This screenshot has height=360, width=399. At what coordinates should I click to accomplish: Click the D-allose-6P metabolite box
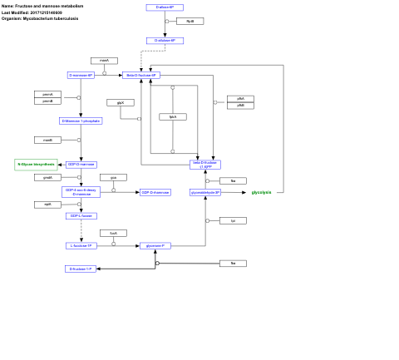coord(165,7)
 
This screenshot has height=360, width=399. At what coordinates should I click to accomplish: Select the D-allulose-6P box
coord(165,40)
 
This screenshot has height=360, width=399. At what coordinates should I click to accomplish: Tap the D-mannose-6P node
coord(81,75)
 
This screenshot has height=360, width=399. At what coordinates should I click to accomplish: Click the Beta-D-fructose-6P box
coord(141,75)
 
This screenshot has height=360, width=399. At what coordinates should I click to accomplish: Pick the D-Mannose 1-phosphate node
coord(81,121)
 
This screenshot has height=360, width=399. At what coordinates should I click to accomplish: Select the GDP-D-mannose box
coord(81,165)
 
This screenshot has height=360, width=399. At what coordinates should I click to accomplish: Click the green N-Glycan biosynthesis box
coord(36,165)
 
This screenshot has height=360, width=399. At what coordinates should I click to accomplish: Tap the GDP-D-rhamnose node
coord(155,192)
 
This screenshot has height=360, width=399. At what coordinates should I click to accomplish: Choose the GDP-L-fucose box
coord(81,215)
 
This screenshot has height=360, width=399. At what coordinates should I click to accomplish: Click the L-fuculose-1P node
coord(81,245)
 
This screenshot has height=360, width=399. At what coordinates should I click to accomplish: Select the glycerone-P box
coord(155,245)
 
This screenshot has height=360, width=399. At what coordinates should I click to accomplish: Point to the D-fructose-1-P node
coord(81,269)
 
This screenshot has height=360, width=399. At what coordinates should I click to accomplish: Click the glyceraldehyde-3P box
coord(205,192)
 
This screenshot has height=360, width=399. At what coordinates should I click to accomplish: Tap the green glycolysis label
coord(261,192)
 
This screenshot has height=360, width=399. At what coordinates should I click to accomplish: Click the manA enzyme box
coord(104,61)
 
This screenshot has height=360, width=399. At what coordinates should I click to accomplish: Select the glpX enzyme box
coord(121,102)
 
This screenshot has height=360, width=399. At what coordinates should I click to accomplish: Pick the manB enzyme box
coord(47,140)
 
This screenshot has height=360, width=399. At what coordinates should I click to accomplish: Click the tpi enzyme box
coord(233,220)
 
